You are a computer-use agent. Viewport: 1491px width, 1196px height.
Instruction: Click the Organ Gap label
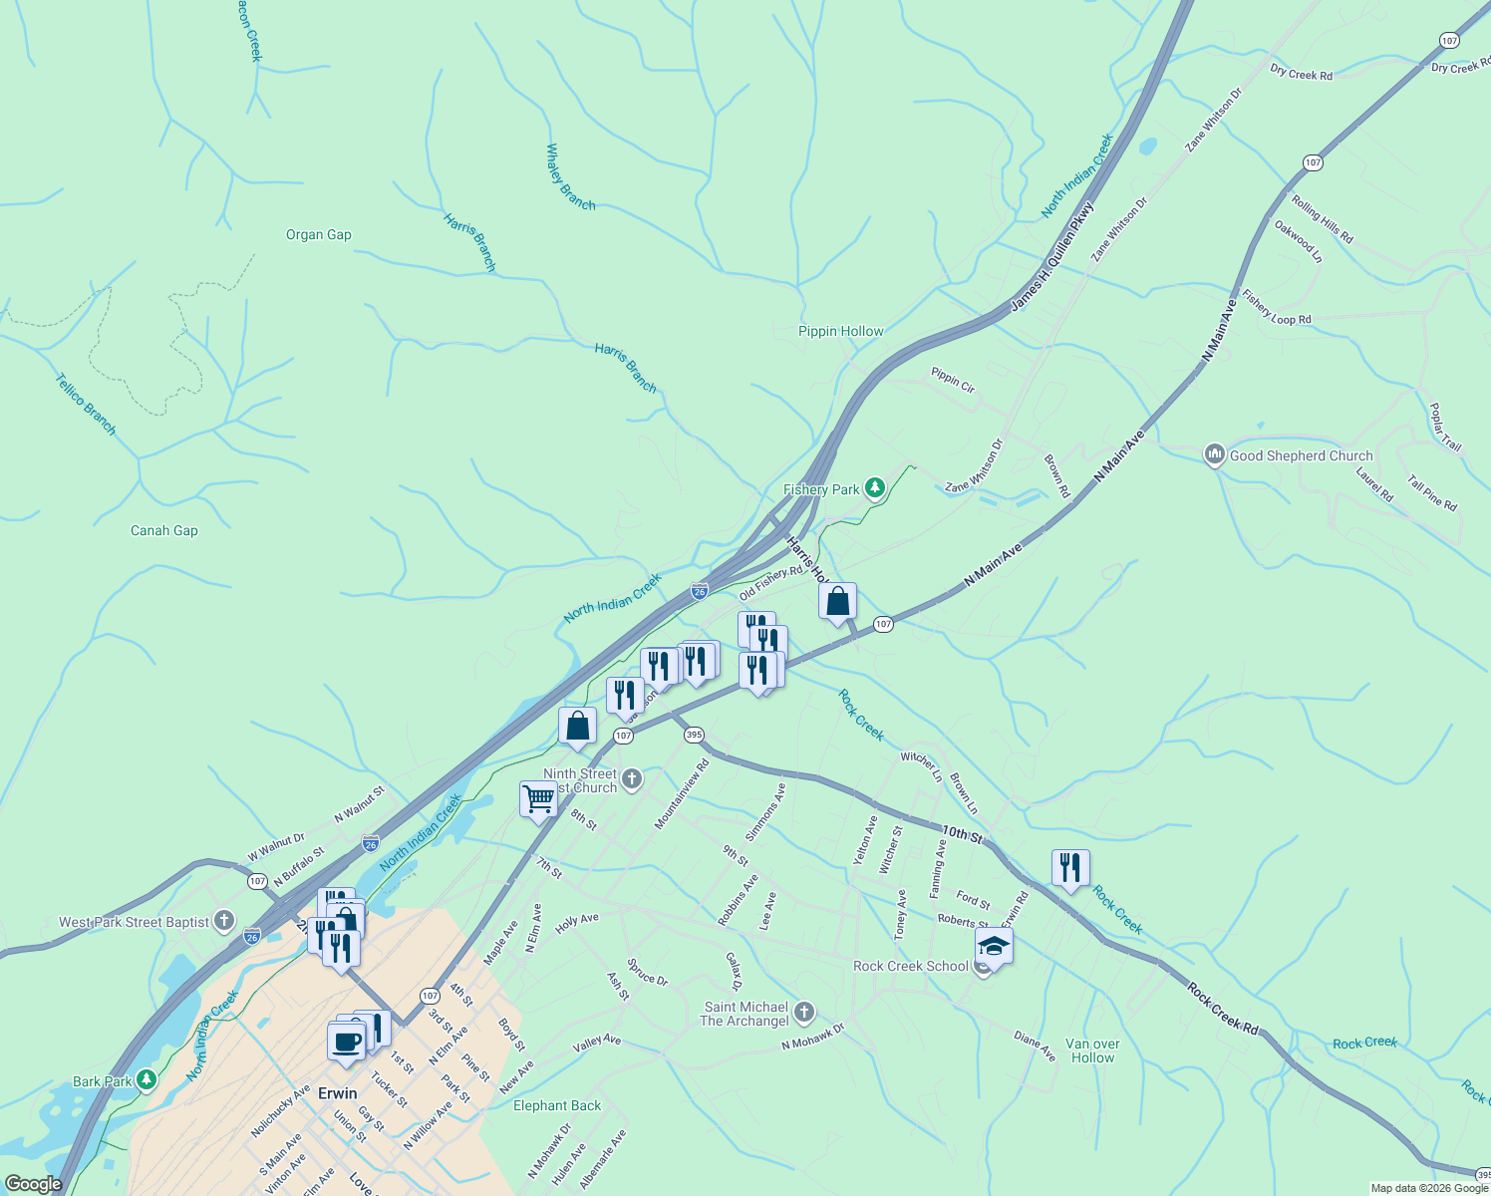point(318,235)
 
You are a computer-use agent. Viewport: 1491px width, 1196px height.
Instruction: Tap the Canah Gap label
point(164,531)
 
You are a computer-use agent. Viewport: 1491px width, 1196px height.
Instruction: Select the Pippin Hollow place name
point(840,332)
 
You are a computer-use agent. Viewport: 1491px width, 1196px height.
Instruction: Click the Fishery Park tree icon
point(874,488)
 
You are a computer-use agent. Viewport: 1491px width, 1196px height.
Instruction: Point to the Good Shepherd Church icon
point(1214,455)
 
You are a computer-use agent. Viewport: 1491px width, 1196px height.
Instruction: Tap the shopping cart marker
point(538,799)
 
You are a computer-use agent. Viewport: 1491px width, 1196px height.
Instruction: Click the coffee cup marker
point(346,1043)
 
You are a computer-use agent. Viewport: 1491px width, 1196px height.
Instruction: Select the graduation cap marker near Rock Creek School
point(994,945)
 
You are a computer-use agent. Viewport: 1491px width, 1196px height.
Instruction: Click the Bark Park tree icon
point(147,1080)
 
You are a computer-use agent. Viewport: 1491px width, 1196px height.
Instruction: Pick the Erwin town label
point(337,1093)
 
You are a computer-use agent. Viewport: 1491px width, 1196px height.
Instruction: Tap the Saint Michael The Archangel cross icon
point(804,1013)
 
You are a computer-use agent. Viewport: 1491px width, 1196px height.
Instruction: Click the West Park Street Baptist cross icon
point(224,921)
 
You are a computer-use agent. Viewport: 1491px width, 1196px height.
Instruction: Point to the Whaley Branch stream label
point(570,177)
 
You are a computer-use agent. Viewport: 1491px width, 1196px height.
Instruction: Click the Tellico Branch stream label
point(86,404)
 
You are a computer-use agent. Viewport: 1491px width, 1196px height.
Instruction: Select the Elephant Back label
point(557,1105)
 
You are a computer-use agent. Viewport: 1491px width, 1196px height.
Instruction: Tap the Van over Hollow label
point(1092,1051)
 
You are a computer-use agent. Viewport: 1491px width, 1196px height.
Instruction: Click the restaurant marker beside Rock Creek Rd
point(1069,868)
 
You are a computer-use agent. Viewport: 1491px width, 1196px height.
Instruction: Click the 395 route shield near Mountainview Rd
point(694,735)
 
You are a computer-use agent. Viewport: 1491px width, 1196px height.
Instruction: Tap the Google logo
point(33,1184)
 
